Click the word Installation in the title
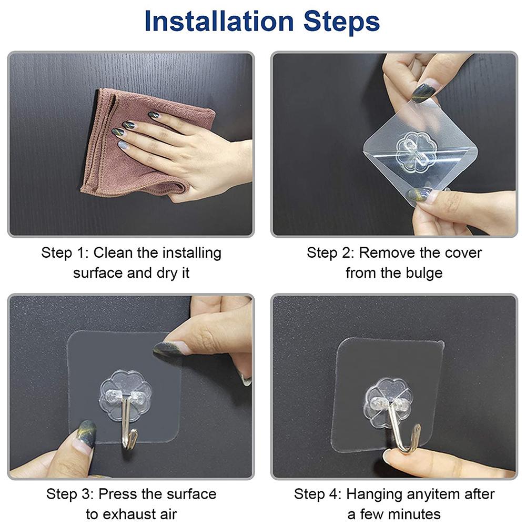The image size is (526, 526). click(x=219, y=21)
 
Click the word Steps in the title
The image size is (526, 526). click(x=341, y=22)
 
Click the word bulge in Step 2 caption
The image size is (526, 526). click(x=424, y=274)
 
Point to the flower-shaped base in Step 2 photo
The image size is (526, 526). click(x=416, y=151)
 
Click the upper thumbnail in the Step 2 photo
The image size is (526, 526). click(x=422, y=90)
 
